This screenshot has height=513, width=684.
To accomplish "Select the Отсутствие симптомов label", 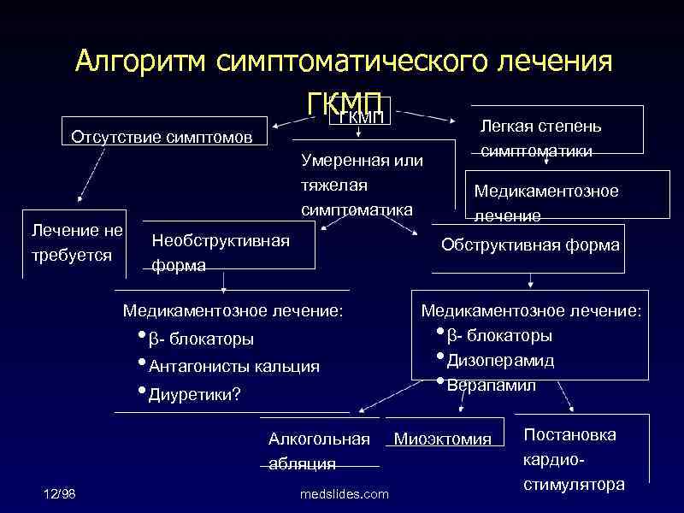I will click(x=161, y=137).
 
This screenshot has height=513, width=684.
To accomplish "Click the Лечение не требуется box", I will click(x=77, y=242).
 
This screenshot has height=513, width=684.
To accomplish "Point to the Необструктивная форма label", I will click(x=220, y=252).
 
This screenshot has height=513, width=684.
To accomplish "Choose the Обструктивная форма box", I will click(x=530, y=245).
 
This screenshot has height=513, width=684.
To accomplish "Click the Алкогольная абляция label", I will click(x=319, y=451).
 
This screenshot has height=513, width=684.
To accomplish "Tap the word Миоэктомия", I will click(x=442, y=439).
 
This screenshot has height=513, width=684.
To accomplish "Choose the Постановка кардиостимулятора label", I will click(x=573, y=459).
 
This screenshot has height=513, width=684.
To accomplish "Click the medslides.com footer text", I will click(x=345, y=494).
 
